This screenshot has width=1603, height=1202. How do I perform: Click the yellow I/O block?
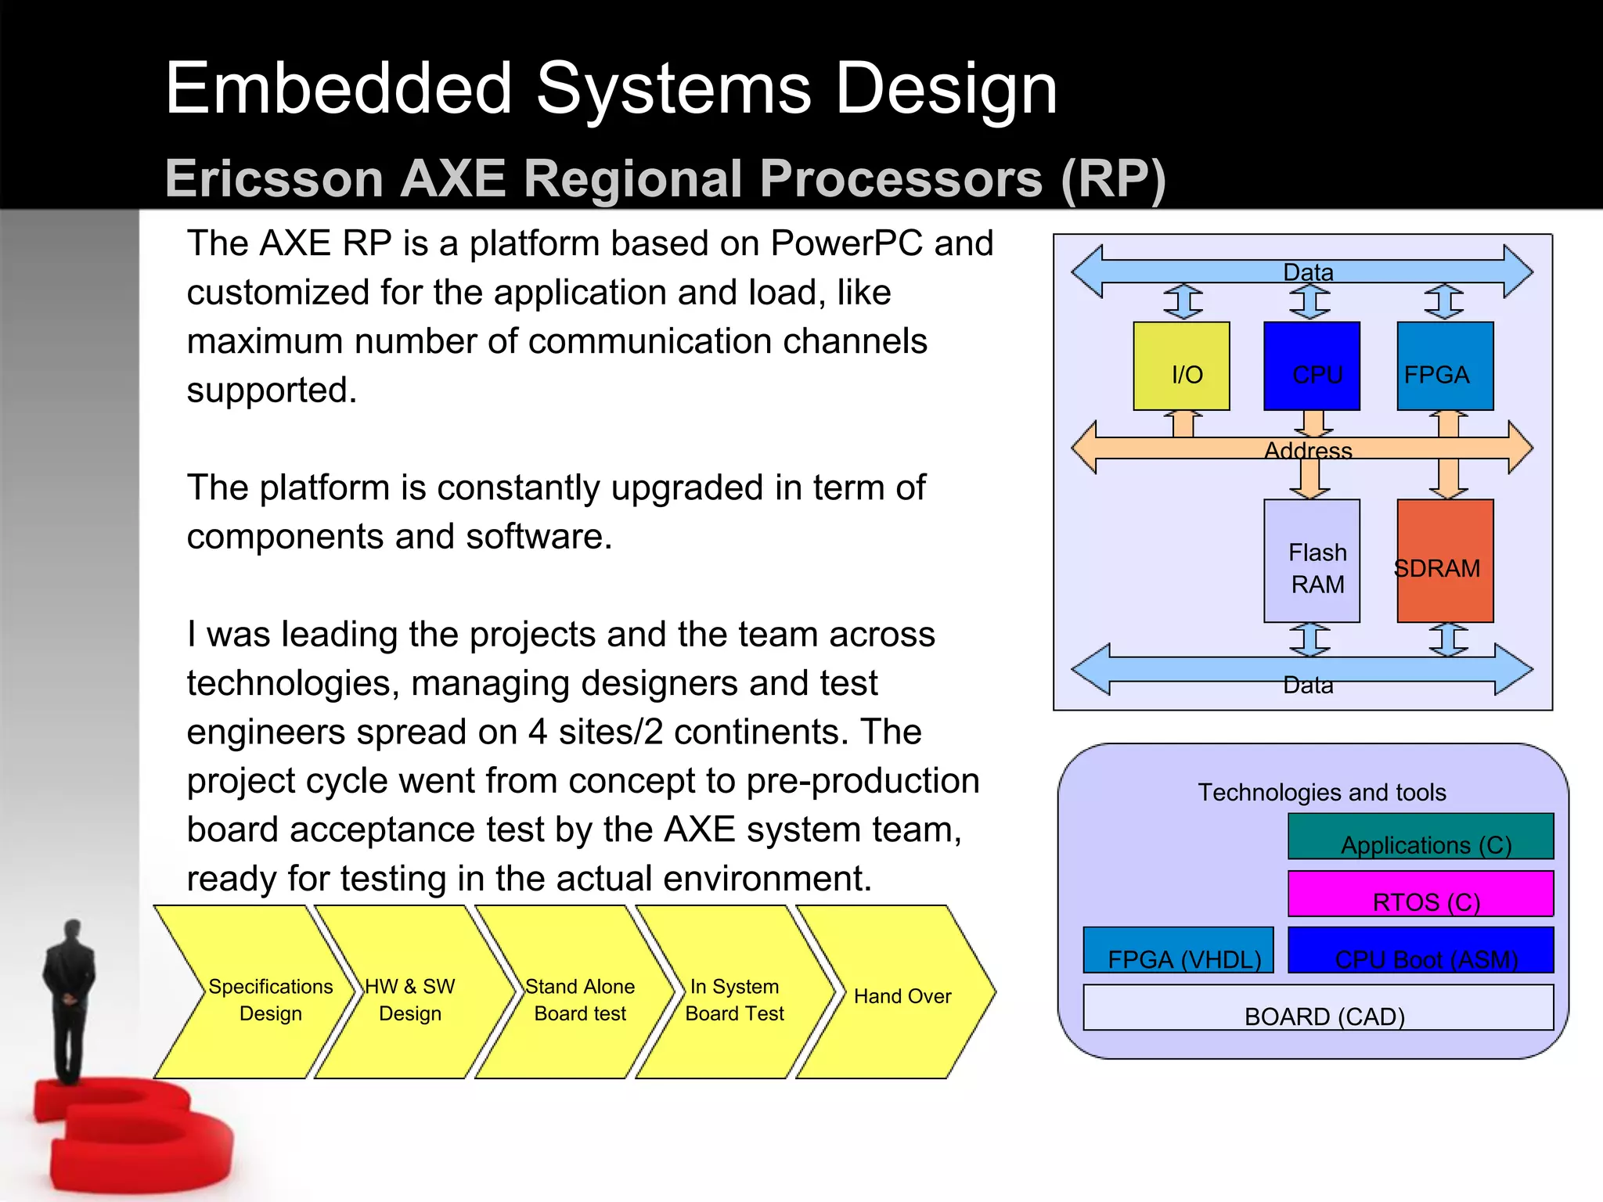pyautogui.click(x=1181, y=365)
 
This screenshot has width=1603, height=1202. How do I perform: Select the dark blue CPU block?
pyautogui.click(x=1312, y=365)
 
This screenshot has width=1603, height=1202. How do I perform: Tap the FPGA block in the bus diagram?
pyautogui.click(x=1445, y=365)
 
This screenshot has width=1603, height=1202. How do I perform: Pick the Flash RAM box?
pyautogui.click(x=1312, y=561)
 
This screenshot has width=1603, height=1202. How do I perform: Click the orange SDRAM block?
pyautogui.click(x=1445, y=561)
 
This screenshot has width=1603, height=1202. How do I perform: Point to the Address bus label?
pyautogui.click(x=1308, y=451)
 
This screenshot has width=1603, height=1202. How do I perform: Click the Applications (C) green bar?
pyautogui.click(x=1421, y=837)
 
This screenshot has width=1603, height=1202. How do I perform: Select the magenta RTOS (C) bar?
pyautogui.click(x=1421, y=894)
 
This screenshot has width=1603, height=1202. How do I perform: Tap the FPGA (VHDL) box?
pyautogui.click(x=1178, y=950)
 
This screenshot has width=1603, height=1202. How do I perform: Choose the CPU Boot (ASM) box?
pyautogui.click(x=1421, y=950)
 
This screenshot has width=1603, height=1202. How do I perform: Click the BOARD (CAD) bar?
pyautogui.click(x=1318, y=1008)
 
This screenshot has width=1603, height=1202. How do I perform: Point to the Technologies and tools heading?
pyautogui.click(x=1322, y=792)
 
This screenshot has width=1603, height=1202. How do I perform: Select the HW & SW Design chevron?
pyautogui.click(x=410, y=999)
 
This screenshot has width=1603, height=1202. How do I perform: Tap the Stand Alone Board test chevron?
pyautogui.click(x=579, y=999)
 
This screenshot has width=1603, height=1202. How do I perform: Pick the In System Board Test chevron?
pyautogui.click(x=734, y=999)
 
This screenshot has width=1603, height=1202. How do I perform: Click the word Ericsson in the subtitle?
pyautogui.click(x=274, y=178)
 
